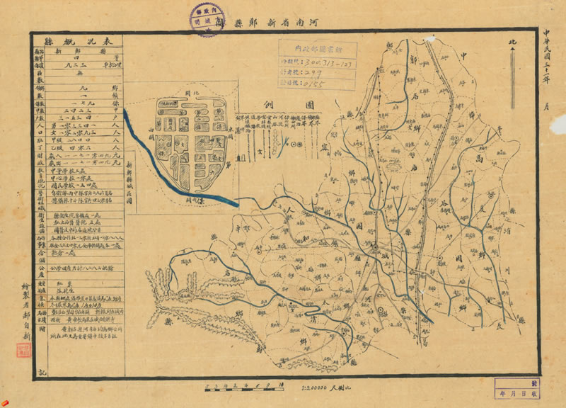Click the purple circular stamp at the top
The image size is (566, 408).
[x=205, y=17]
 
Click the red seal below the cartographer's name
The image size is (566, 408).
[x=23, y=351]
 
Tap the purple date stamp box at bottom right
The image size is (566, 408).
[x=519, y=388]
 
